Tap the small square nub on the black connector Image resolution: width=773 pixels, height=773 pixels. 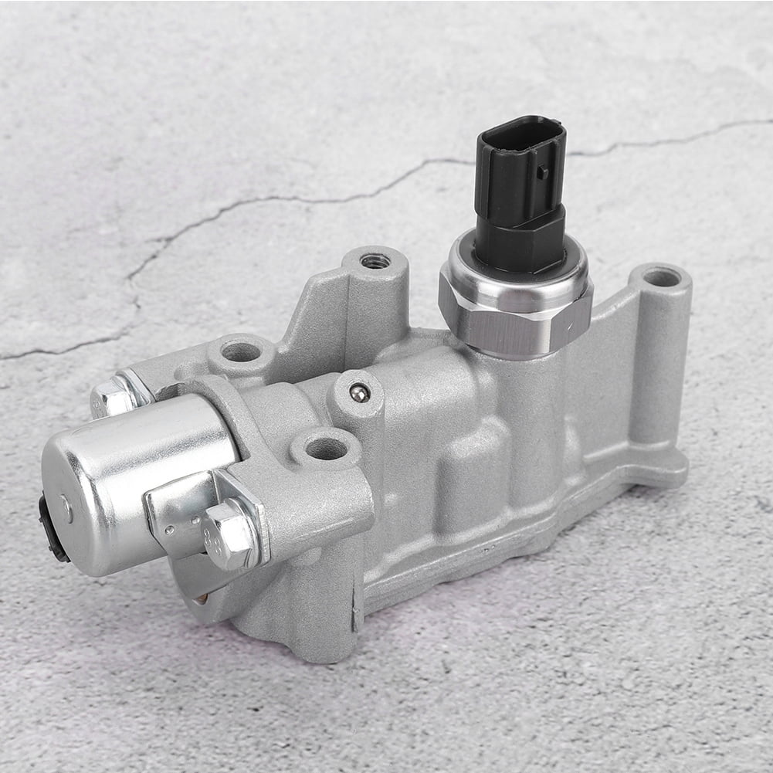tap(543, 171)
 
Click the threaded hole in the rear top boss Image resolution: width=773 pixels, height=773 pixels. tap(375, 261)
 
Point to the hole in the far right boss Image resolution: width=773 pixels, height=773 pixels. tap(660, 276)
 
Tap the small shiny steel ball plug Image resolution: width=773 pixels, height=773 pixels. tap(358, 394)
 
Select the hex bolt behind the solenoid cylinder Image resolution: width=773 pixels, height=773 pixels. tap(112, 398)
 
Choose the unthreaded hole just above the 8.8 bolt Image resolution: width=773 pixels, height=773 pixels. tap(327, 448)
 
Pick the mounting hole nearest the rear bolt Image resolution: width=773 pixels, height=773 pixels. tap(240, 352)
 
